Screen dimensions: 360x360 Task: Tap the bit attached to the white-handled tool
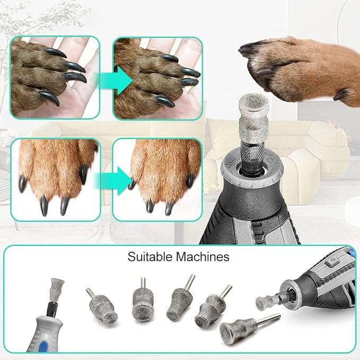pyautogui.click(x=56, y=292)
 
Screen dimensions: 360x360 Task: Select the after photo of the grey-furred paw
pyautogui.click(x=158, y=77)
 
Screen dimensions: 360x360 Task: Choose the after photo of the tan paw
pyautogui.click(x=158, y=179)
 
